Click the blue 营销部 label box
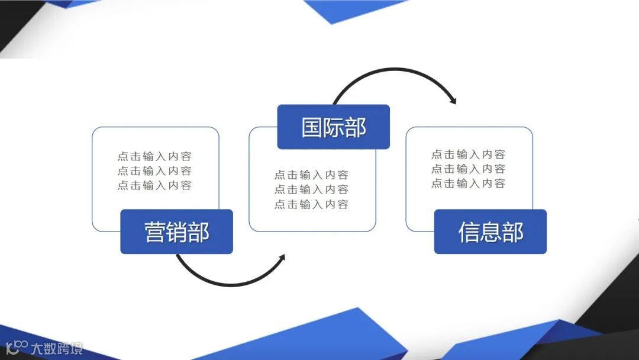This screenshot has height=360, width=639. (x=176, y=232)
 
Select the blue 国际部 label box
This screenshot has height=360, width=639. (x=333, y=127)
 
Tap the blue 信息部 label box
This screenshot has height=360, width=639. (x=490, y=232)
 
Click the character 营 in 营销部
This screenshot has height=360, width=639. (x=155, y=233)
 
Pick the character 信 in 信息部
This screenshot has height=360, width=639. (x=469, y=233)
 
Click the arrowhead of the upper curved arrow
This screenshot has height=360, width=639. (x=453, y=101)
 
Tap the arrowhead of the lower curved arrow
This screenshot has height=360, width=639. (x=282, y=258)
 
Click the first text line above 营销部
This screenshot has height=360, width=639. (x=154, y=156)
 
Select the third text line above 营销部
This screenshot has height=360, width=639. (x=154, y=185)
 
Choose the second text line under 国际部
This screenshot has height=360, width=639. (x=311, y=189)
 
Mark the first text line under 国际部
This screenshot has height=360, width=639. (x=311, y=175)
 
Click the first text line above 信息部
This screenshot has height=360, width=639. (x=468, y=155)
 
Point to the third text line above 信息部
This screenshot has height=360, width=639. (x=468, y=184)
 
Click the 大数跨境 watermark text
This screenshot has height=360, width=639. (x=57, y=348)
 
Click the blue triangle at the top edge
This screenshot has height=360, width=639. (x=349, y=10)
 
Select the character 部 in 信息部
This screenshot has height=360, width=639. (x=512, y=233)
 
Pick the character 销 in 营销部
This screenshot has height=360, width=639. (x=177, y=233)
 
